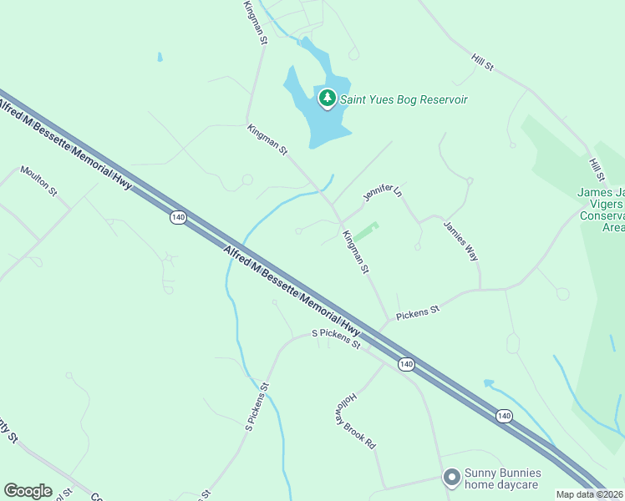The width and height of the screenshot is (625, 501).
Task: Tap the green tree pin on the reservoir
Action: [x=328, y=99]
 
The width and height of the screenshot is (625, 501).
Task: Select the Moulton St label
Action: [x=38, y=180]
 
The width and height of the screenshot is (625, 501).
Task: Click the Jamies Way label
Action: [x=461, y=241]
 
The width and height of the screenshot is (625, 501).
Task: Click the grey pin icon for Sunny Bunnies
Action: [x=451, y=478]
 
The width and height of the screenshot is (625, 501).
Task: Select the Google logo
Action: [x=28, y=491]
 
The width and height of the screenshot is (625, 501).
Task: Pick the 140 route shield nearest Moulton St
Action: [x=177, y=217]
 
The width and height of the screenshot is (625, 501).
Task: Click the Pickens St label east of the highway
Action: [x=418, y=313]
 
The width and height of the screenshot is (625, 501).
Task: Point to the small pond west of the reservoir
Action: [x=159, y=58]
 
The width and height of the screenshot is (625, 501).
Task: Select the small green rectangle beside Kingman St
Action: [x=364, y=232]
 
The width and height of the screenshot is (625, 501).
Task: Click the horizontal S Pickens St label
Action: [x=336, y=338]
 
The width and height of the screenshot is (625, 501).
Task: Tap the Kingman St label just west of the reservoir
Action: [x=267, y=139]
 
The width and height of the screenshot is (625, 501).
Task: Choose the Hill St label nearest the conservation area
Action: [x=596, y=170]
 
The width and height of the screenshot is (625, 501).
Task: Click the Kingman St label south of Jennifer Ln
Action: [x=356, y=251]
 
